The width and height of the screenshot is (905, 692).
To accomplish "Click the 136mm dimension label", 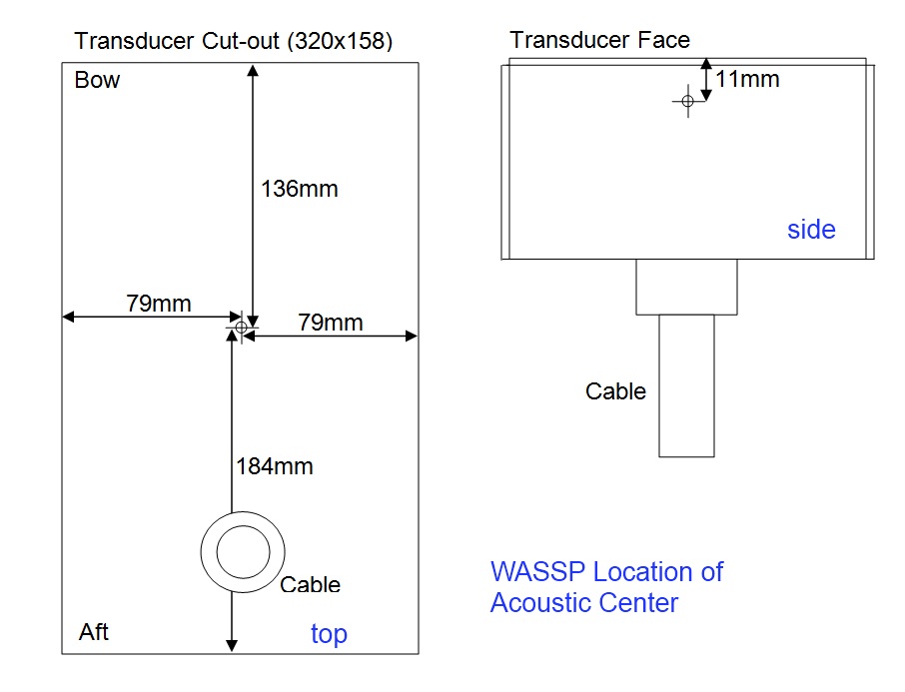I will click(300, 188).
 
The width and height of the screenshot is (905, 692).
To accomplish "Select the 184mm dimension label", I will click(275, 465).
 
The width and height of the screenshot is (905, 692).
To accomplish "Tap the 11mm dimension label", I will click(747, 78).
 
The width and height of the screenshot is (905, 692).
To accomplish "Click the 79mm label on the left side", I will click(159, 304).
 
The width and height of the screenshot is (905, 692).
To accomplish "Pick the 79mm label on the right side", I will click(331, 323).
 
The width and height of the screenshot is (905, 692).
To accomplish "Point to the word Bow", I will click(97, 81).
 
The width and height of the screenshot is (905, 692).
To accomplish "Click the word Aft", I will click(94, 631).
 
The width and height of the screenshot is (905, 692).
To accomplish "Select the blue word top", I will click(329, 634).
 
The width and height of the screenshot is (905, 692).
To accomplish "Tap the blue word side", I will click(811, 230).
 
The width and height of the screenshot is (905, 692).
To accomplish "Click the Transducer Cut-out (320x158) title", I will click(234, 41).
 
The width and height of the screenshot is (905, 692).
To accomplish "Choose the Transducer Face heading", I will click(599, 40).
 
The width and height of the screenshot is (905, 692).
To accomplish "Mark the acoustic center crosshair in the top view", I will click(241, 327).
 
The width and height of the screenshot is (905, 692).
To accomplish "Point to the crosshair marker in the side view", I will click(687, 101).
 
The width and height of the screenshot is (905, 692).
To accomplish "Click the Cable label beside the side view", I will click(615, 391).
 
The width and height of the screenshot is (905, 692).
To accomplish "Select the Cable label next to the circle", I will click(310, 585).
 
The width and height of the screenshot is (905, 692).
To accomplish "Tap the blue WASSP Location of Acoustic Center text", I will click(606, 587).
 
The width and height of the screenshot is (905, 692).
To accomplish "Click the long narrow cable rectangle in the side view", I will click(686, 385).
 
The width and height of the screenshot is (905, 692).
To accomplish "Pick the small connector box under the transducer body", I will click(686, 287).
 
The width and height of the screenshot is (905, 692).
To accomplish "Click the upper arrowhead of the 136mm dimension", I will click(253, 71).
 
